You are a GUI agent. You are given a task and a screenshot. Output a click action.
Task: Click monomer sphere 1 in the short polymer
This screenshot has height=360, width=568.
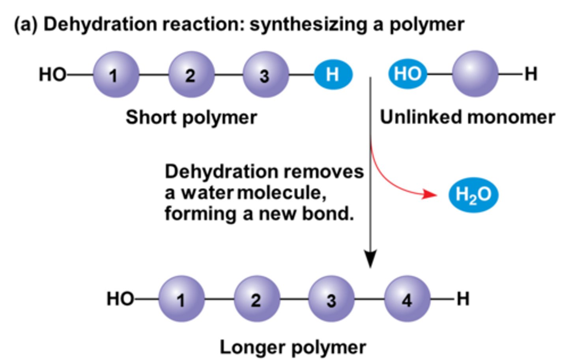[x=116, y=74]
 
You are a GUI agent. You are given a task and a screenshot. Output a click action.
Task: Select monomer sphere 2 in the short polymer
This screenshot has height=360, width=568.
[x=191, y=74]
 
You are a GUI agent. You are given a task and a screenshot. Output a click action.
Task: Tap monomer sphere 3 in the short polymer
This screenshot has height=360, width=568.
[x=265, y=75]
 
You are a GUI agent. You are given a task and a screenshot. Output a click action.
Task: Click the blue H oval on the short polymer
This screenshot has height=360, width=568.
[x=333, y=74]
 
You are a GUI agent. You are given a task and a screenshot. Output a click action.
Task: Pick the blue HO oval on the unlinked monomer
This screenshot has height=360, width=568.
[x=407, y=74]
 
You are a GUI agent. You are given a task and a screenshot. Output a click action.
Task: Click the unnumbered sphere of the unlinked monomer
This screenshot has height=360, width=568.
[x=475, y=74]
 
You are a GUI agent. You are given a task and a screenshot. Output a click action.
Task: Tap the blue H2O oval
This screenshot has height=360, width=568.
[x=473, y=195]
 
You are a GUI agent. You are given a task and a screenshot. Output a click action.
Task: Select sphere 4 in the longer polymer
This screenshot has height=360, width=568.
[x=407, y=299]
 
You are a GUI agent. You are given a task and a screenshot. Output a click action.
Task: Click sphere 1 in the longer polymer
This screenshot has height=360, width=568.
[x=181, y=299]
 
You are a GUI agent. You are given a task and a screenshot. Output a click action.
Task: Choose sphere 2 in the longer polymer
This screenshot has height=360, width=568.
[x=257, y=299]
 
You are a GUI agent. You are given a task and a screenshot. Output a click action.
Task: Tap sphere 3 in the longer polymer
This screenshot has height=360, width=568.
[x=331, y=299]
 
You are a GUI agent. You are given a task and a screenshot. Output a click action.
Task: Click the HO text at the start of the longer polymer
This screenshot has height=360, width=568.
[x=120, y=299]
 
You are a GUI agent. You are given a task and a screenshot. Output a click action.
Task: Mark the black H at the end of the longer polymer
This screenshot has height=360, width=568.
[x=463, y=299]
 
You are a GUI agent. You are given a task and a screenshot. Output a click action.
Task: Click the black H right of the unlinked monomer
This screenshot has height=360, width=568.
[x=531, y=74]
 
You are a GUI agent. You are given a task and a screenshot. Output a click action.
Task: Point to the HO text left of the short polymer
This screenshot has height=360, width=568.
[x=52, y=74]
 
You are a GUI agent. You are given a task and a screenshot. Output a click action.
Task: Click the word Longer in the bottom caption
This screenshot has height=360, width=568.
[x=253, y=347]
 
